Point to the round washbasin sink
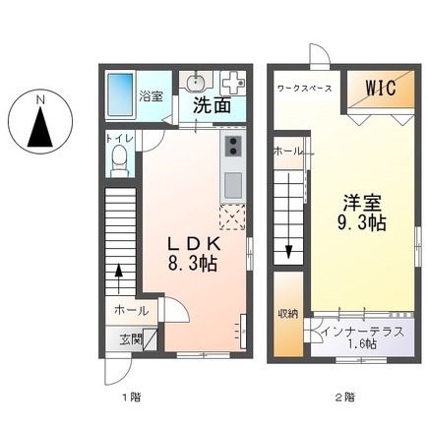[x=195, y=82]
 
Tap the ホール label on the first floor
[x=131, y=310]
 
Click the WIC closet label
[x=383, y=89]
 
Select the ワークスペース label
[x=305, y=89]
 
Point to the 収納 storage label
[x=287, y=314]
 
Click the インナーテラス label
[x=362, y=331]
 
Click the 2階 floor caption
[x=343, y=398]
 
